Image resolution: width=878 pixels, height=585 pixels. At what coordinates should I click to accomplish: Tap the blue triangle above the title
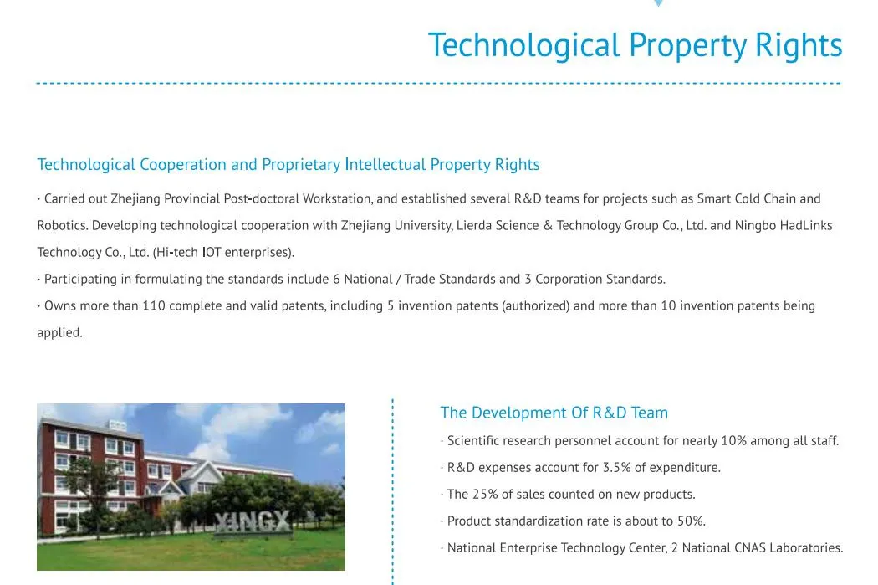[x=658, y=3]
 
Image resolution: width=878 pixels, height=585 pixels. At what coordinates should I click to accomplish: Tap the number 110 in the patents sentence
[x=154, y=306]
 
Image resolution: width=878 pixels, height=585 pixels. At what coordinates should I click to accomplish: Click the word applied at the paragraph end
[x=59, y=333]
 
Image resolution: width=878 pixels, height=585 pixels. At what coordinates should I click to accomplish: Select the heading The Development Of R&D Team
[x=554, y=413]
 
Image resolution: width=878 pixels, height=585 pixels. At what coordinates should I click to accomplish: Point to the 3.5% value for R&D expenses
[x=617, y=468]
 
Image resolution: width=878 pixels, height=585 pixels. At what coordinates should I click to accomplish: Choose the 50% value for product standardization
[x=691, y=521]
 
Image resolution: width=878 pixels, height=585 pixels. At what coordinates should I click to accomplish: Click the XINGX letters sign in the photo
[x=252, y=522]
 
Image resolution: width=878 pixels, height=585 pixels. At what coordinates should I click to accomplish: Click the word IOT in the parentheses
[x=212, y=253]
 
